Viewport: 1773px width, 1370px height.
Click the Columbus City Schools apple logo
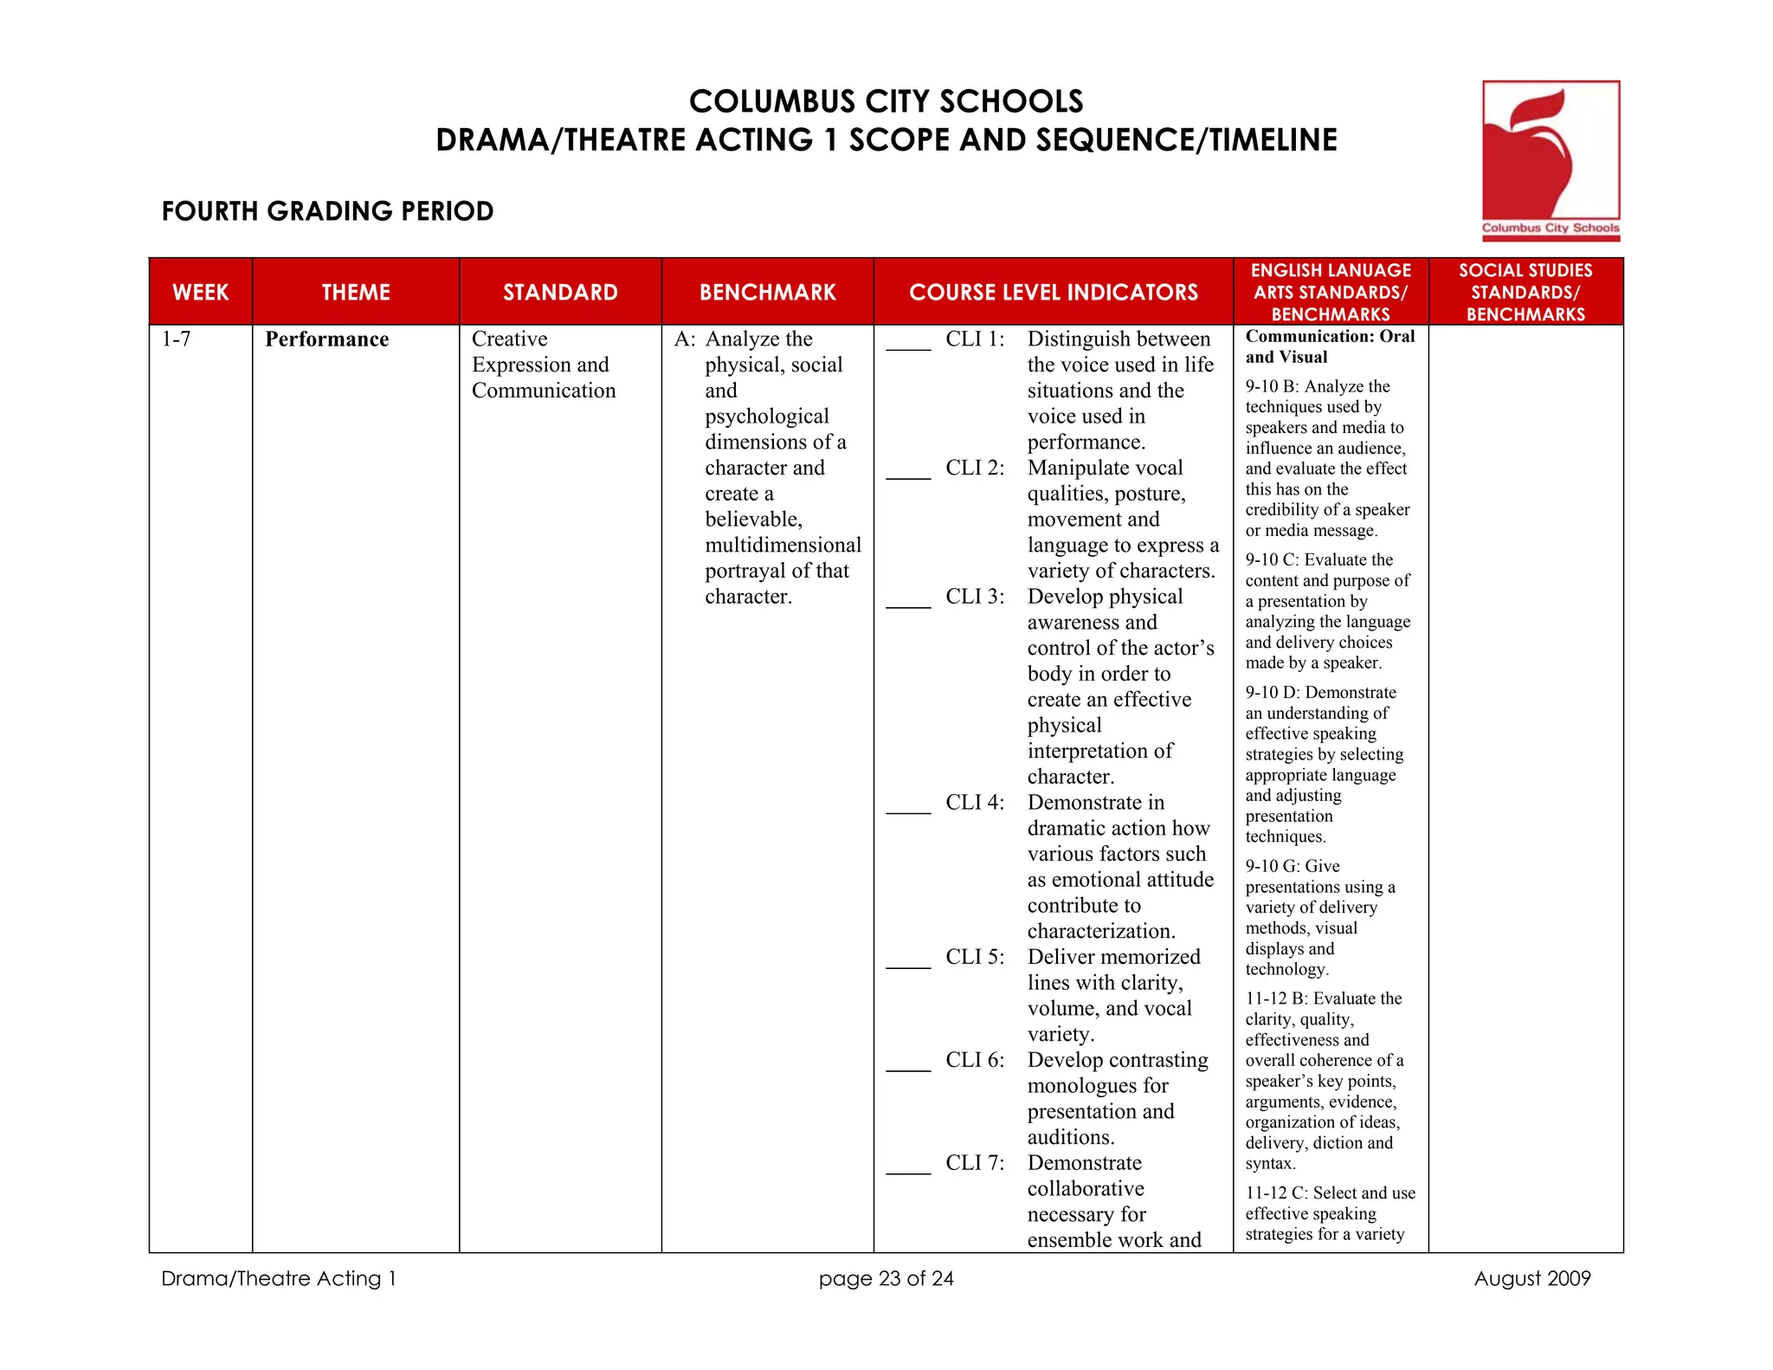click(1550, 160)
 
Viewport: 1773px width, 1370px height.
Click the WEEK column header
click(201, 292)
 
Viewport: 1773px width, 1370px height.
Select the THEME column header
click(356, 292)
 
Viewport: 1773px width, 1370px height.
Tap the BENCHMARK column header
click(767, 292)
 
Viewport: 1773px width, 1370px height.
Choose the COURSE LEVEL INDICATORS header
click(1053, 292)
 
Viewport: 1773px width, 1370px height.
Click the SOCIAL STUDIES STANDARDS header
click(1525, 292)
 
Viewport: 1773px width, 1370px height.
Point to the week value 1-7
click(176, 339)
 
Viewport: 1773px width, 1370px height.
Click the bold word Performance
click(326, 339)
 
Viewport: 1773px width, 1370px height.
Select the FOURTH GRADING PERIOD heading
click(327, 211)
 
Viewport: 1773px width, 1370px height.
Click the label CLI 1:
click(975, 339)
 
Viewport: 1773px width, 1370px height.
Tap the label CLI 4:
click(975, 803)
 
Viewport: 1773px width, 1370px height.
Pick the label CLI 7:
click(975, 1163)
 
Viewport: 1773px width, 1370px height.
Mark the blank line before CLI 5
click(908, 965)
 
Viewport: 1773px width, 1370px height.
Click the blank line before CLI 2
click(908, 475)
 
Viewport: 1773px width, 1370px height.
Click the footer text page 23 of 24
click(886, 1279)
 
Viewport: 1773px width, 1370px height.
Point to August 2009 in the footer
click(1531, 1279)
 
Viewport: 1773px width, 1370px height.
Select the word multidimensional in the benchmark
click(783, 546)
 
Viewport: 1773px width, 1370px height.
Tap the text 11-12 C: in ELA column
click(1277, 1193)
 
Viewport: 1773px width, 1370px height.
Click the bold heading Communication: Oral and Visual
click(1329, 346)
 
